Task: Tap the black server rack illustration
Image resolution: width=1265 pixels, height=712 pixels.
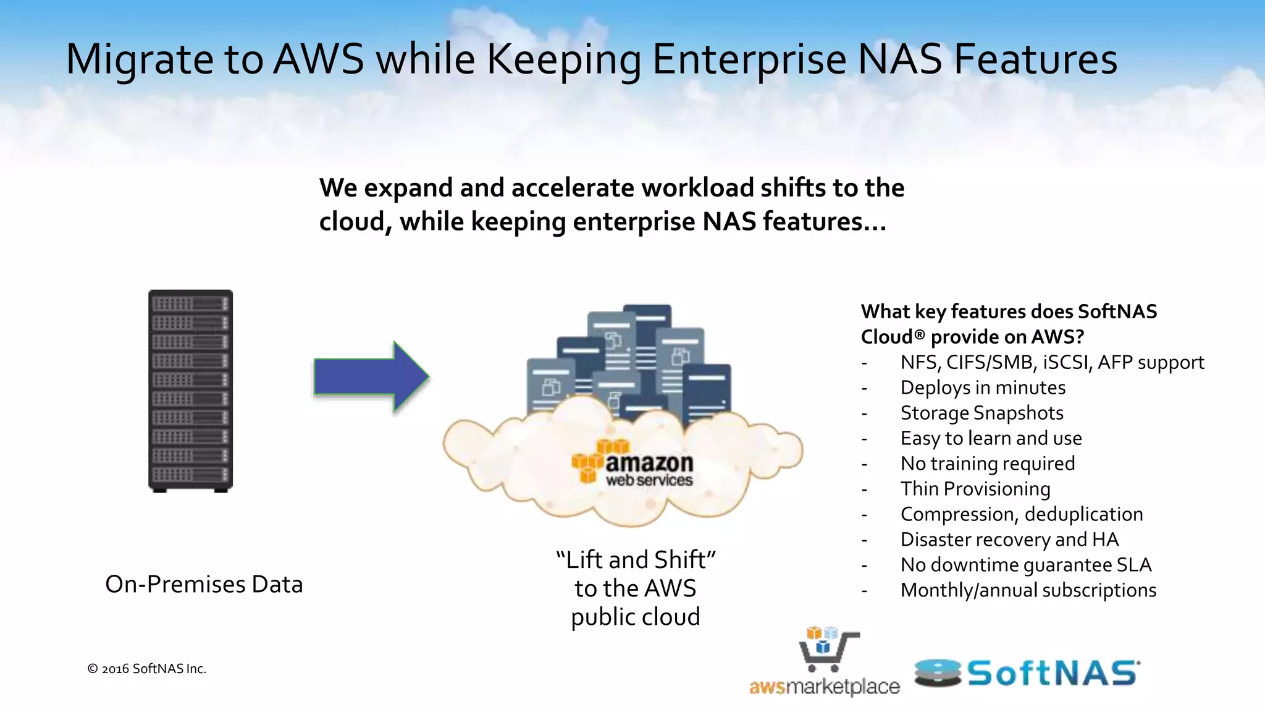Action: pos(190,391)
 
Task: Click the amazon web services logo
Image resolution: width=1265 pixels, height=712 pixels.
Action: pos(632,463)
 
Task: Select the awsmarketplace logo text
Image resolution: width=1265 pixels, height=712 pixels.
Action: pos(824,687)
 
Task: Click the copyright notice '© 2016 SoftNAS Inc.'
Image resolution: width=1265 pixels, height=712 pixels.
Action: pos(147,669)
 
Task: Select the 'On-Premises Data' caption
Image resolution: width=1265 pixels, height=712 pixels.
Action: pos(204,584)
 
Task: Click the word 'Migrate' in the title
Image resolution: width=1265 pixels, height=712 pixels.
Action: pos(140,59)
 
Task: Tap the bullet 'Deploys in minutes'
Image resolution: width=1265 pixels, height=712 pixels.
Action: pos(983,388)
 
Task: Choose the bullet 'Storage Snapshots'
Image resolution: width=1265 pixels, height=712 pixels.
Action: pos(981,413)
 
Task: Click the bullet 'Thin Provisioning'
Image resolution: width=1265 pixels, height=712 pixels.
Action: pos(975,489)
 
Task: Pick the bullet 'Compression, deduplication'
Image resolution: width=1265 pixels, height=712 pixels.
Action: pos(1022,514)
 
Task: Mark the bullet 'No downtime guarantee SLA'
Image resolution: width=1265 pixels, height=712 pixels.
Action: pos(1026,565)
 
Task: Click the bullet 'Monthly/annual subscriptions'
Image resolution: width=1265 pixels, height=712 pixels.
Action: pos(1028,590)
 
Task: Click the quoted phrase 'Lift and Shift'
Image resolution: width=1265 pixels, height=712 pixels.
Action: pos(636,560)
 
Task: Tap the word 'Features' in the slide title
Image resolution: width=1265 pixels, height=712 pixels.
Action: pos(1035,59)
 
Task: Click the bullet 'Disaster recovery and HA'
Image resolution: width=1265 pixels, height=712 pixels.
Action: pos(1009,540)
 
